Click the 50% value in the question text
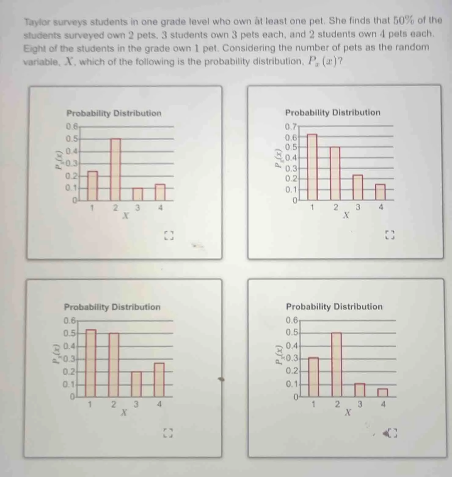403,20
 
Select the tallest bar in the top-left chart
115,169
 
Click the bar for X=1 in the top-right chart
312,167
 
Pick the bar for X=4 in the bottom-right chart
383,393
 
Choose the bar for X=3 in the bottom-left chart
137,384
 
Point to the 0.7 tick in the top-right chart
290,127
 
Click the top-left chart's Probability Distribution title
114,113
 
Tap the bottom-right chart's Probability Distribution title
334,307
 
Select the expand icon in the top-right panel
390,235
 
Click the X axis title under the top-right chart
346,216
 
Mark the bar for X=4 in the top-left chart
160,192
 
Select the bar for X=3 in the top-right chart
358,187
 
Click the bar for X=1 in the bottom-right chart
313,377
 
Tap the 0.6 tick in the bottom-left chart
69,321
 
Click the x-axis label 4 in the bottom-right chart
383,404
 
